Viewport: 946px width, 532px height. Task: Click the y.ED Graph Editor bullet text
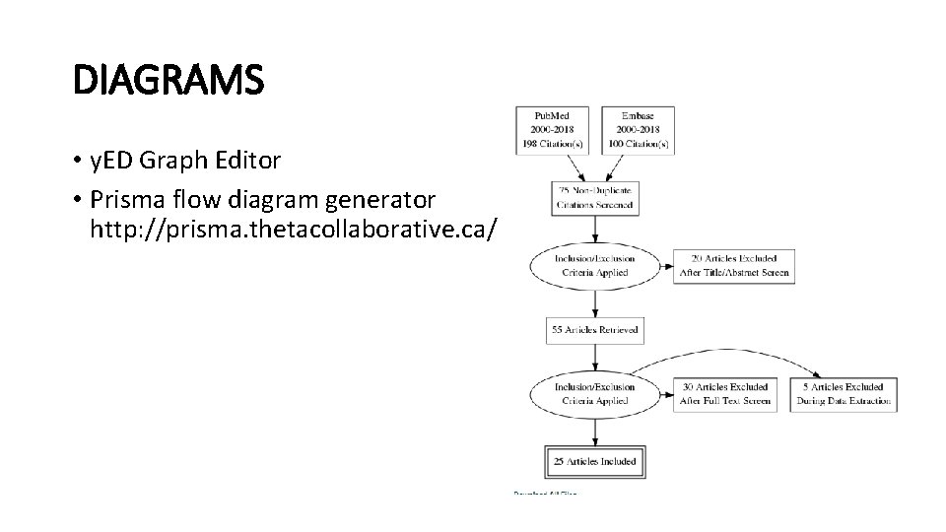tap(186, 159)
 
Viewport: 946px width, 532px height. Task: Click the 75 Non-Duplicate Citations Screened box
tap(595, 197)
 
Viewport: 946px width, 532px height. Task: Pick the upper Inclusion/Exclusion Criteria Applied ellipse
tap(595, 265)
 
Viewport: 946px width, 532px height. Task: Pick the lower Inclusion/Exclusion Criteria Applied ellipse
tap(595, 394)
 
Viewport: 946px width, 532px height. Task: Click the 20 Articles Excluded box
tap(734, 265)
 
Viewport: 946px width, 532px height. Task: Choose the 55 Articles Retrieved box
tap(595, 330)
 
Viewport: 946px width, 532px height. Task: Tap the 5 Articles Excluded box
tap(844, 394)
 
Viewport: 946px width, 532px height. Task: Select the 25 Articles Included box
tap(595, 461)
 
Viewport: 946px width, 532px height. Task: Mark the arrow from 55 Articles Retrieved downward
tap(595, 357)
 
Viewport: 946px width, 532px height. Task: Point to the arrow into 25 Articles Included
tap(595, 431)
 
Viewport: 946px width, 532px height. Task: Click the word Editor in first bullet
tap(250, 159)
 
